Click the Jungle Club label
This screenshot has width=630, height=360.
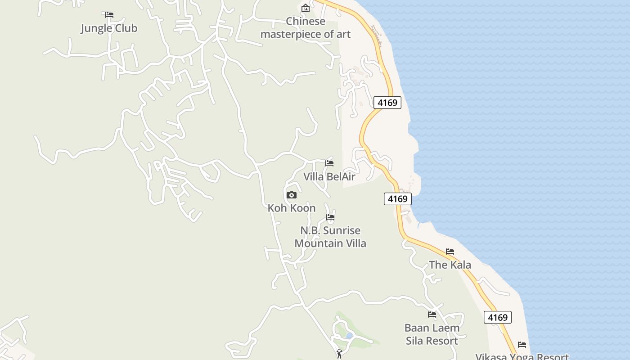(109, 28)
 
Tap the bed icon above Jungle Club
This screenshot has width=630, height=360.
(109, 15)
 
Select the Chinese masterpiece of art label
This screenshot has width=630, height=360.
(306, 28)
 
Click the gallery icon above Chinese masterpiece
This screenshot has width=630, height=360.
(306, 8)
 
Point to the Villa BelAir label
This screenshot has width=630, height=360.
(329, 177)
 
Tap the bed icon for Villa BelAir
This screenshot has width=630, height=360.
(329, 163)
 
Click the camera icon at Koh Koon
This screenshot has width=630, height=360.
(292, 195)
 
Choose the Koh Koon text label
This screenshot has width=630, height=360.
(292, 208)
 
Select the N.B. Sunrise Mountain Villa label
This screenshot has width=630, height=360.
(330, 237)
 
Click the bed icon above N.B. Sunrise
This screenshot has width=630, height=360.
(330, 217)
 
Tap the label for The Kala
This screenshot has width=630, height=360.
(450, 265)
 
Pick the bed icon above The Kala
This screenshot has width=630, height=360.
(450, 251)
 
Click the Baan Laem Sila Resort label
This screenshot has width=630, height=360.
(432, 334)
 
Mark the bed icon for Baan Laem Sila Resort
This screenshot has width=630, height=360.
(432, 314)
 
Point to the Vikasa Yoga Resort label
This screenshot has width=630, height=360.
(522, 356)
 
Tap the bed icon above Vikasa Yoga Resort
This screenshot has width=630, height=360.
(522, 344)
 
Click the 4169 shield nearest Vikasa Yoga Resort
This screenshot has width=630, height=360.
(498, 317)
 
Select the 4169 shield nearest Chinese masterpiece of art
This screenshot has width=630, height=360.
(387, 103)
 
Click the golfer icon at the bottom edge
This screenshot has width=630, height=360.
(339, 354)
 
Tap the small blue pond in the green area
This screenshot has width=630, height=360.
(349, 335)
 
